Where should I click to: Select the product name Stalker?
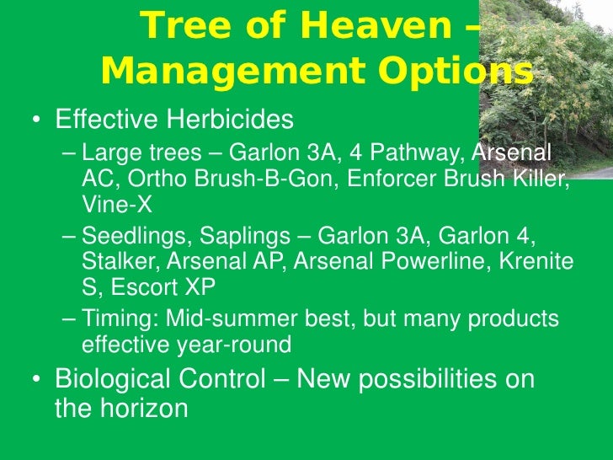[x=112, y=262]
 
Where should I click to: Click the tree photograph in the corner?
[x=557, y=84]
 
